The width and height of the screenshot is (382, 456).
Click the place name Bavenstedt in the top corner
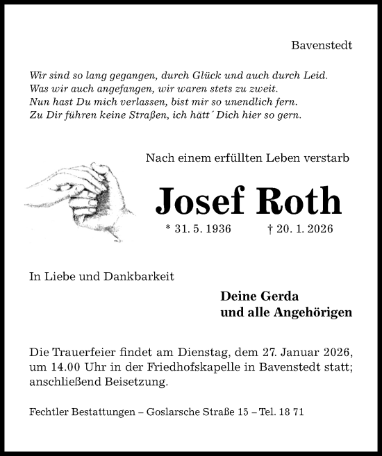pyautogui.click(x=322, y=45)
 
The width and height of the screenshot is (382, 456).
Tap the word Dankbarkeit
pyautogui.click(x=139, y=276)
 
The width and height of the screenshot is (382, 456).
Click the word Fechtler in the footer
pyautogui.click(x=48, y=412)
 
